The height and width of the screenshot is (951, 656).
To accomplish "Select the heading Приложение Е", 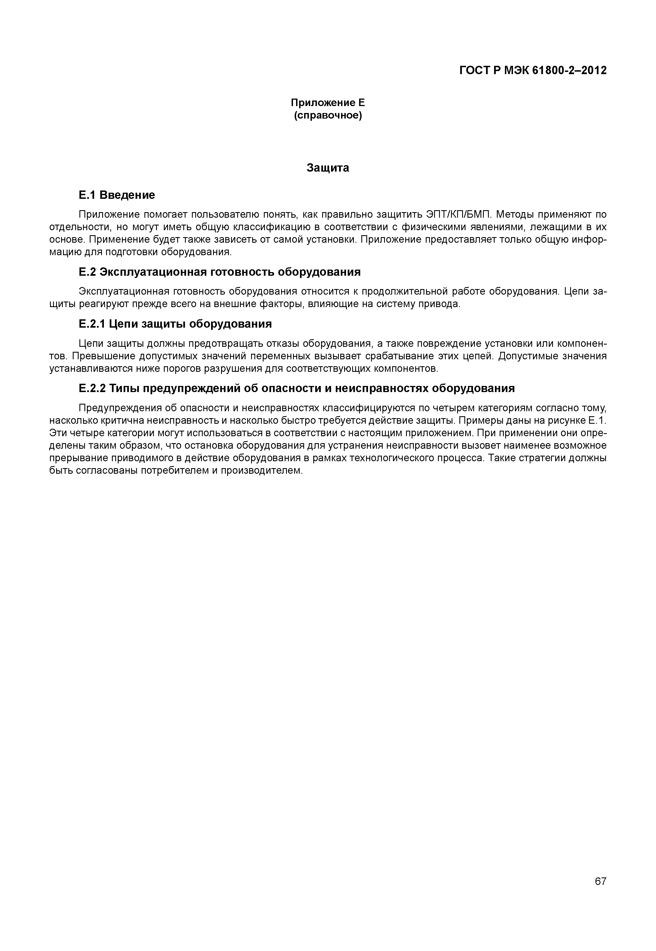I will pos(328,102).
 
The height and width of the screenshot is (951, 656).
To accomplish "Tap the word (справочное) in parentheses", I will pos(328,116).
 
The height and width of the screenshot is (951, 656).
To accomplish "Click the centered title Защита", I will pos(328,168).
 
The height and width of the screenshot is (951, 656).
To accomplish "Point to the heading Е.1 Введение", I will pos(117,195).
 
